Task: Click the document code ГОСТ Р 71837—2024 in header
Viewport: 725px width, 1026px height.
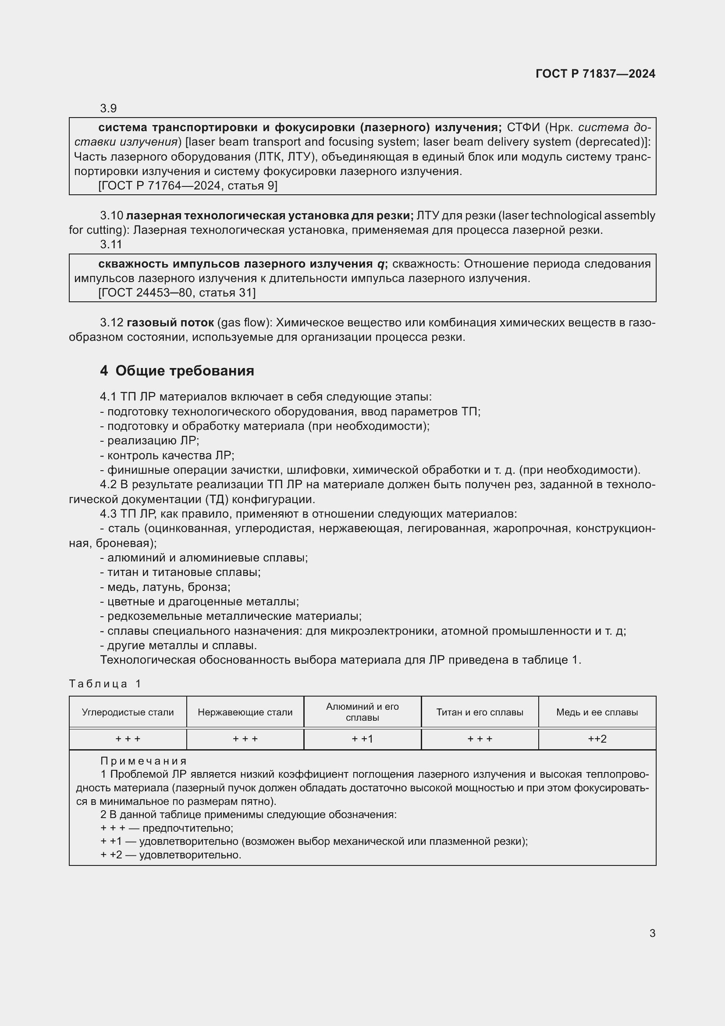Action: coord(595,74)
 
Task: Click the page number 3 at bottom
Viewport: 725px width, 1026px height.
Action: coord(652,933)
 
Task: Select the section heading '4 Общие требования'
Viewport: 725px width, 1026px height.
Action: coord(177,371)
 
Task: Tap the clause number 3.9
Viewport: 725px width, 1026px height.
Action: coord(108,108)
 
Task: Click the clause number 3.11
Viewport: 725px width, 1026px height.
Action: coord(111,244)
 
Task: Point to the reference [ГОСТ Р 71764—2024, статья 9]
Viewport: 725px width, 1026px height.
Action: coord(188,186)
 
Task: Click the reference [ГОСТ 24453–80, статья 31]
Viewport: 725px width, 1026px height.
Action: coord(177,293)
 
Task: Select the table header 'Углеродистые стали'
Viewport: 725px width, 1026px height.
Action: coord(128,712)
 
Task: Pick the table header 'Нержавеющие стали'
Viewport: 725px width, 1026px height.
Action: coord(245,712)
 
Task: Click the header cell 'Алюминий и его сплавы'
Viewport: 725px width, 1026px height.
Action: coord(362,712)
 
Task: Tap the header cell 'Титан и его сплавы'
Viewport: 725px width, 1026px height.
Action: coord(480,712)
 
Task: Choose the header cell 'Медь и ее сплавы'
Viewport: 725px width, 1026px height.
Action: coord(597,712)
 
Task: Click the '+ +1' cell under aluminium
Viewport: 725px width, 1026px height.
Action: coord(362,739)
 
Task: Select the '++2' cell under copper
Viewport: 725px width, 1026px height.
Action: coord(597,739)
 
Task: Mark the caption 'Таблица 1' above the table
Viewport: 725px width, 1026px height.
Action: coord(105,684)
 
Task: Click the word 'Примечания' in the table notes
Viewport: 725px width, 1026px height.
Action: coord(143,761)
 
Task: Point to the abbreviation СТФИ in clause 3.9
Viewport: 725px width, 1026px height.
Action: coord(524,127)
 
